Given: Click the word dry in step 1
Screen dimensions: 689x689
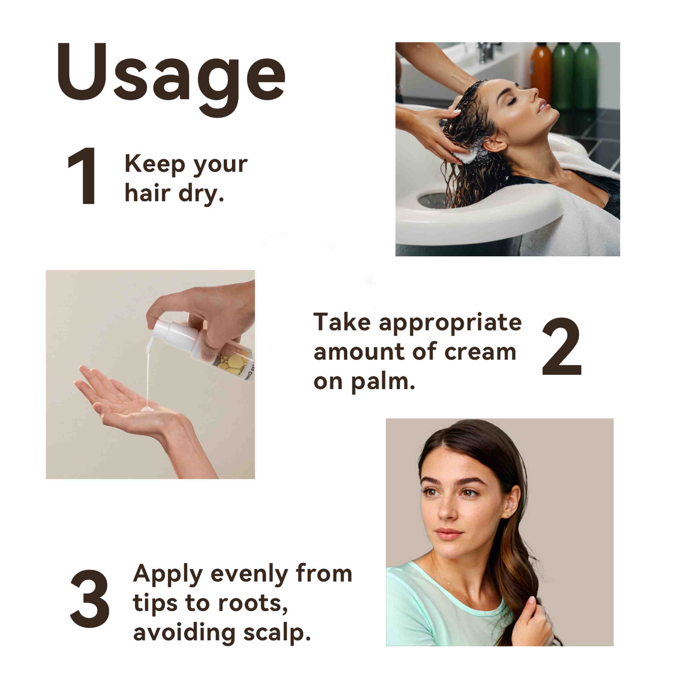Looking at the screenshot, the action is point(201,194).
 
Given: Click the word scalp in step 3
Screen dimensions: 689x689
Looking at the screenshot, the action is point(277,633).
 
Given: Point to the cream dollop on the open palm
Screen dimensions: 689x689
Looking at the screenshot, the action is point(147,409).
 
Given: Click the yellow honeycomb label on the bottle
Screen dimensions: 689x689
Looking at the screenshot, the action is point(229,362).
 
